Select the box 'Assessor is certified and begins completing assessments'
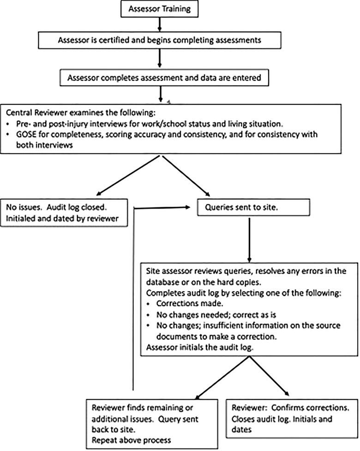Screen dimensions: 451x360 (160, 40)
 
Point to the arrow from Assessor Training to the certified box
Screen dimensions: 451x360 (158, 24)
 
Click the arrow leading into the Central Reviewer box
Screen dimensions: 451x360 (161, 94)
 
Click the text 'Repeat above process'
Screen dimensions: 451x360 (132, 439)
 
